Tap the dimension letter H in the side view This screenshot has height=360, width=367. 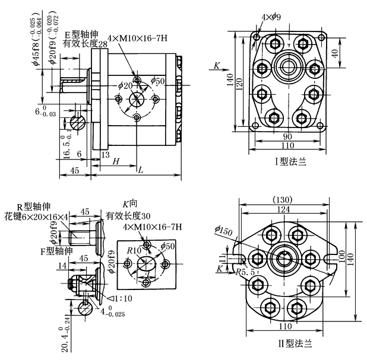tap(116, 161)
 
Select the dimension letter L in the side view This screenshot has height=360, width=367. tap(140, 170)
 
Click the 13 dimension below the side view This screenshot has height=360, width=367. tap(105, 155)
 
